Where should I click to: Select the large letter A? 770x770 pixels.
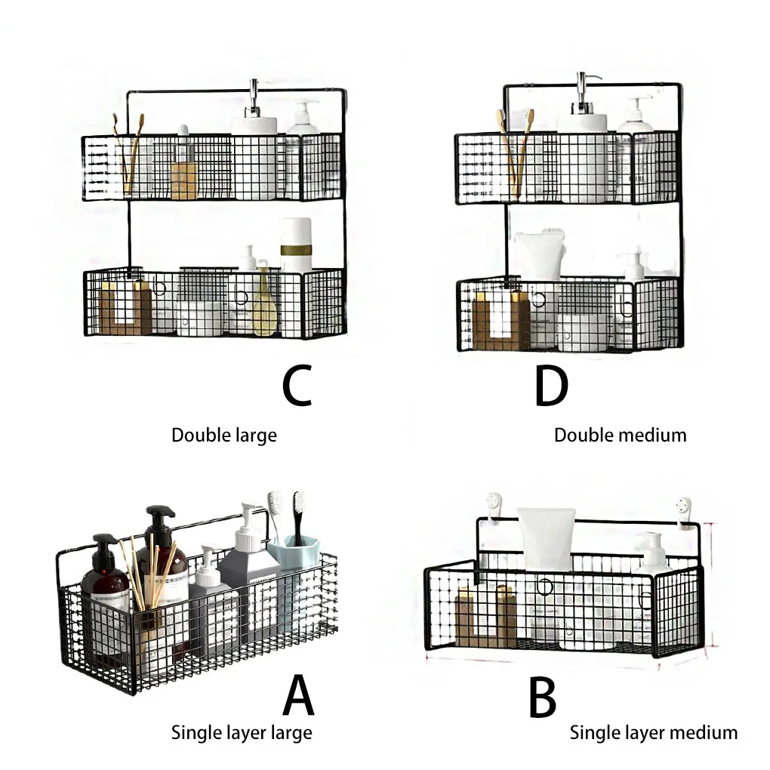coord(298,695)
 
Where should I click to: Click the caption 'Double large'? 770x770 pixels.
coord(223,436)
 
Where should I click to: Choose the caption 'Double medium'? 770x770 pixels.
coord(620,435)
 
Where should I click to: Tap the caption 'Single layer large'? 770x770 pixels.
coord(241,731)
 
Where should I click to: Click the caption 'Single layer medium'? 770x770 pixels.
coord(653,731)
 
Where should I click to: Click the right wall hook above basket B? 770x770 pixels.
coord(684,507)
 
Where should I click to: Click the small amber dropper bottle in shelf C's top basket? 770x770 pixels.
coord(183,170)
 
